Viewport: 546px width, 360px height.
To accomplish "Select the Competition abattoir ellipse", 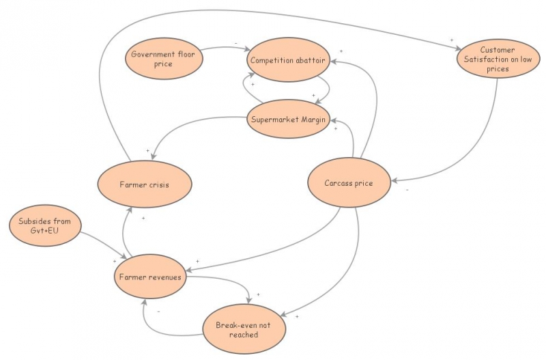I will tap(290, 60).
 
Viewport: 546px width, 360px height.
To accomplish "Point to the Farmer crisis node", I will tap(144, 184).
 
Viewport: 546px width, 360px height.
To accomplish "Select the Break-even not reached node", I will tap(244, 330).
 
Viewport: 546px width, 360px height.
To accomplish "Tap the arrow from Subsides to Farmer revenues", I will tap(102, 246).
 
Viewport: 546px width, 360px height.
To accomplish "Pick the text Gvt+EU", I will tap(46, 233).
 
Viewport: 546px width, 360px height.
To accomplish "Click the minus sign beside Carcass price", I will tap(407, 190).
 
